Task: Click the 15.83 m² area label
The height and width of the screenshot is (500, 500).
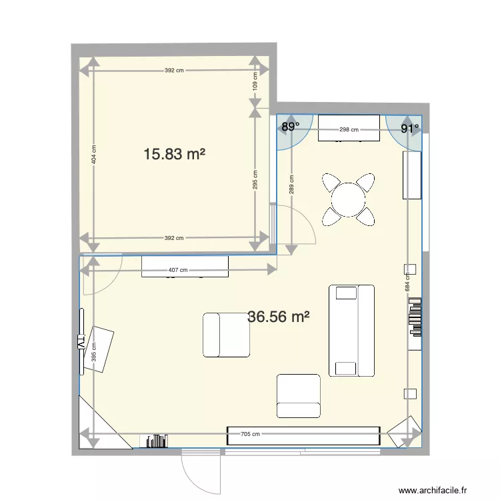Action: (x=173, y=155)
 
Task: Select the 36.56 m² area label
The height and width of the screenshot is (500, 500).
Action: (x=278, y=317)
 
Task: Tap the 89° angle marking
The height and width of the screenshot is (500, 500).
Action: (x=289, y=126)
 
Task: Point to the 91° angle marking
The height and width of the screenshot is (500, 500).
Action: (x=410, y=128)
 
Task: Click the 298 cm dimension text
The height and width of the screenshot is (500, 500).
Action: (x=349, y=130)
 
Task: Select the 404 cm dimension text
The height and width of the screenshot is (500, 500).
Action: (x=94, y=155)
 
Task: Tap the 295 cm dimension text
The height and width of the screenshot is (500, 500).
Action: (x=255, y=179)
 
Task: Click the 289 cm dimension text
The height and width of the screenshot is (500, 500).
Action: (x=291, y=184)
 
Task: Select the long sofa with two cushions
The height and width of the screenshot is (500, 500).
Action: (x=351, y=330)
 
